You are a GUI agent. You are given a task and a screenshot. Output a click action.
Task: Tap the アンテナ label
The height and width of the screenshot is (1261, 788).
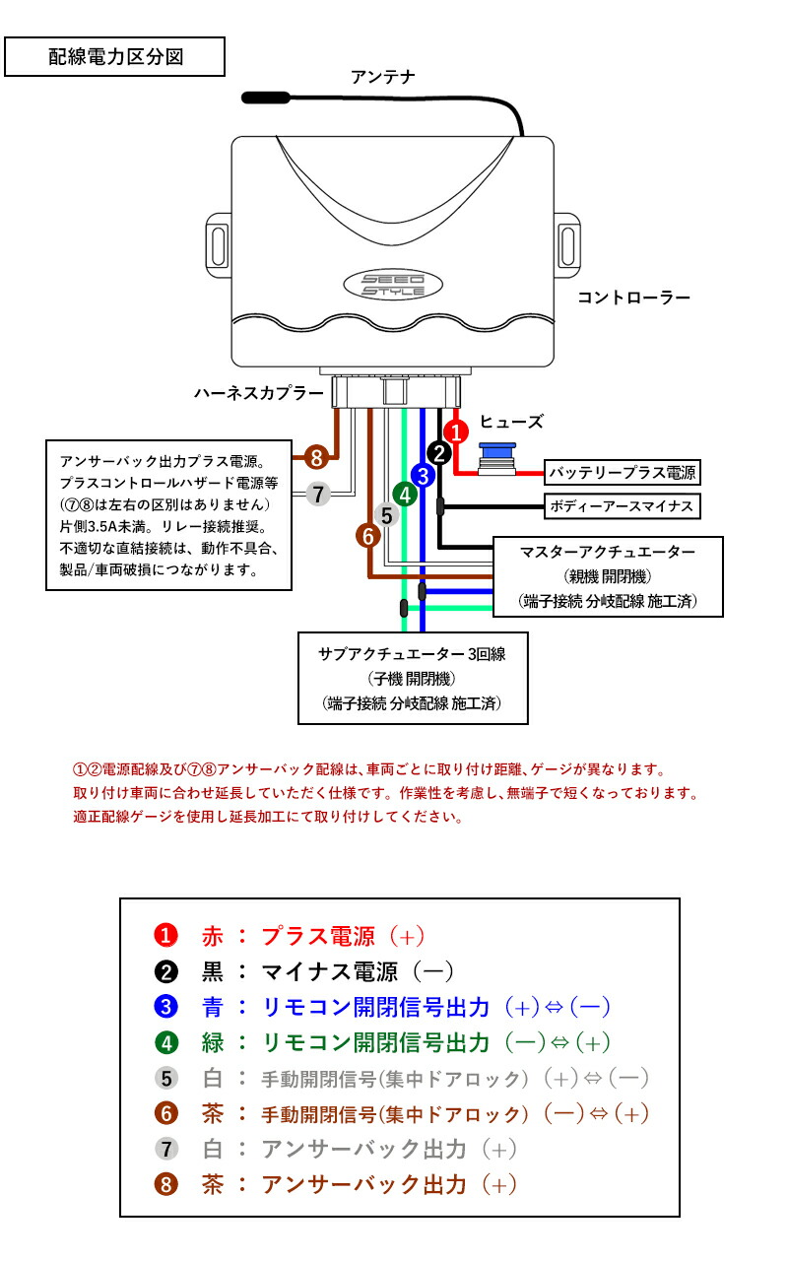coord(383,77)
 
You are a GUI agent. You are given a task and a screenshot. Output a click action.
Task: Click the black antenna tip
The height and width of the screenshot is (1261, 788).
coord(266,98)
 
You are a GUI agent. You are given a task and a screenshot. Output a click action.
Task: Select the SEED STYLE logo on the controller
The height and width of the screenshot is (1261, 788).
coord(393,285)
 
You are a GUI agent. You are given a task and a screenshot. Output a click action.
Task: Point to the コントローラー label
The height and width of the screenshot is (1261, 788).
coord(633,298)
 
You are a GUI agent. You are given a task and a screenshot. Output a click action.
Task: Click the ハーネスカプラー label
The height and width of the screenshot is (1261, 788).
coord(259,393)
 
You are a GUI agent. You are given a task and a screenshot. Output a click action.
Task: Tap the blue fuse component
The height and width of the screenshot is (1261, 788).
coord(497,458)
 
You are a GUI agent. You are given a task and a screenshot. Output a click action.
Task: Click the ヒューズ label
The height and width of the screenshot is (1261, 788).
coord(511,422)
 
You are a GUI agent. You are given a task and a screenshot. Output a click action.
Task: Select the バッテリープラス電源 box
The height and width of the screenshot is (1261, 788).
coord(622,472)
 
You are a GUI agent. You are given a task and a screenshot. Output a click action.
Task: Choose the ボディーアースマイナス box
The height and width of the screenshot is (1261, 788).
coord(622,506)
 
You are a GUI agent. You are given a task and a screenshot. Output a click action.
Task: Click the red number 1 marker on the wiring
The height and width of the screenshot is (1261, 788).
coord(456,432)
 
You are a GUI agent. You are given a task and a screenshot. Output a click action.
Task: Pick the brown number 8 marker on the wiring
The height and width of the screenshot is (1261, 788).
coord(317,458)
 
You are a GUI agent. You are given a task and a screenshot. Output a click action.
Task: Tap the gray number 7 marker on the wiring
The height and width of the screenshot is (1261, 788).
coord(318,495)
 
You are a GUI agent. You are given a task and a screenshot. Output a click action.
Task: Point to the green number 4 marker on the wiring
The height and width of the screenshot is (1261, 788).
coord(405,495)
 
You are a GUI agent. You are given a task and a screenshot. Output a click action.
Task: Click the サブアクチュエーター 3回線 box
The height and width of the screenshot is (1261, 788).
coord(413,679)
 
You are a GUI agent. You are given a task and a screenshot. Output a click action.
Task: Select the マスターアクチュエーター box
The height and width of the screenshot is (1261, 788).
coord(608,577)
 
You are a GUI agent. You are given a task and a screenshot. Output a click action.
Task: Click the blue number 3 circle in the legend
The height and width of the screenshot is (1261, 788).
coord(166,1007)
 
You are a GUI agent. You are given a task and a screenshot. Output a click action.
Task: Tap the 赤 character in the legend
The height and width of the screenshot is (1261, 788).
coord(213,936)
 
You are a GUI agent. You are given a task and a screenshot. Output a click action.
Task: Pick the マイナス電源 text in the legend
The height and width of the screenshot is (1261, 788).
coord(330,971)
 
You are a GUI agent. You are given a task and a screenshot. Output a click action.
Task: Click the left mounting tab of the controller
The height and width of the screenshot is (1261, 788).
coord(219,245)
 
